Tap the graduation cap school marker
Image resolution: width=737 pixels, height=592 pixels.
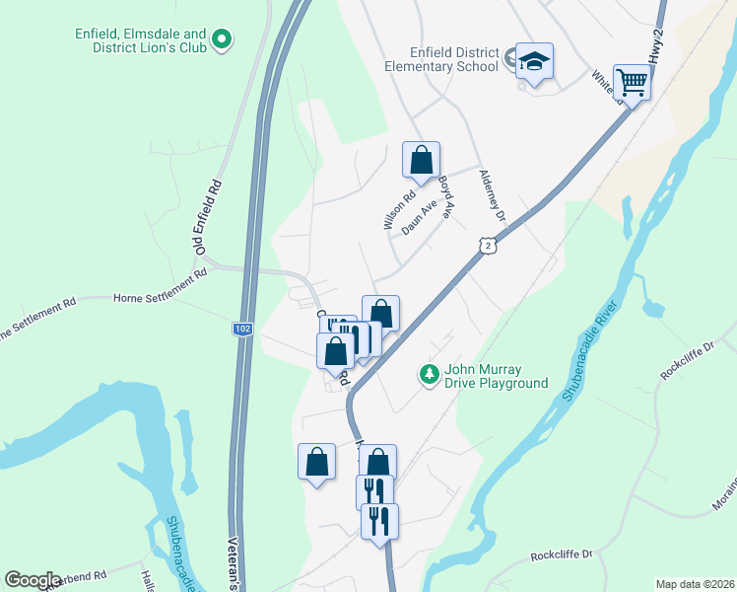534,62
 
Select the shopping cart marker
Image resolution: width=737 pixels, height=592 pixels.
632,82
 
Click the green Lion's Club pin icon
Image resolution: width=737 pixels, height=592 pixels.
223,39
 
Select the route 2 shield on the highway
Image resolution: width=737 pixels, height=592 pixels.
487,244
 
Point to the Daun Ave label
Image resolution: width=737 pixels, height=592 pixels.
418,219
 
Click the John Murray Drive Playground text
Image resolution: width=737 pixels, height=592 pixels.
496,377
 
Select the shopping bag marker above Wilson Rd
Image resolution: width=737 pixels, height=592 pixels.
421,160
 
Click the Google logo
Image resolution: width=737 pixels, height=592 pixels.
33,579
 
